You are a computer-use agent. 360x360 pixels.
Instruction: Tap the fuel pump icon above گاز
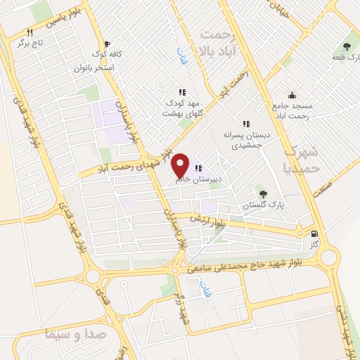[x=314, y=234]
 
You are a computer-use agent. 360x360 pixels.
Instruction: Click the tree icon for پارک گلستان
[x=263, y=193]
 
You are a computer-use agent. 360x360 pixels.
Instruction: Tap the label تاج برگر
[x=30, y=43]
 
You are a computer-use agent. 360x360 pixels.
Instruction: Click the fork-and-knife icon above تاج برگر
[x=30, y=32]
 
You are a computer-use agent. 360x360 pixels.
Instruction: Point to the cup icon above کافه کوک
[x=106, y=43]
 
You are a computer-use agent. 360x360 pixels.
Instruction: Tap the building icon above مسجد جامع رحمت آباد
[x=291, y=95]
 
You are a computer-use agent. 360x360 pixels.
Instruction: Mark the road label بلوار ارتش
[x=198, y=218]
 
